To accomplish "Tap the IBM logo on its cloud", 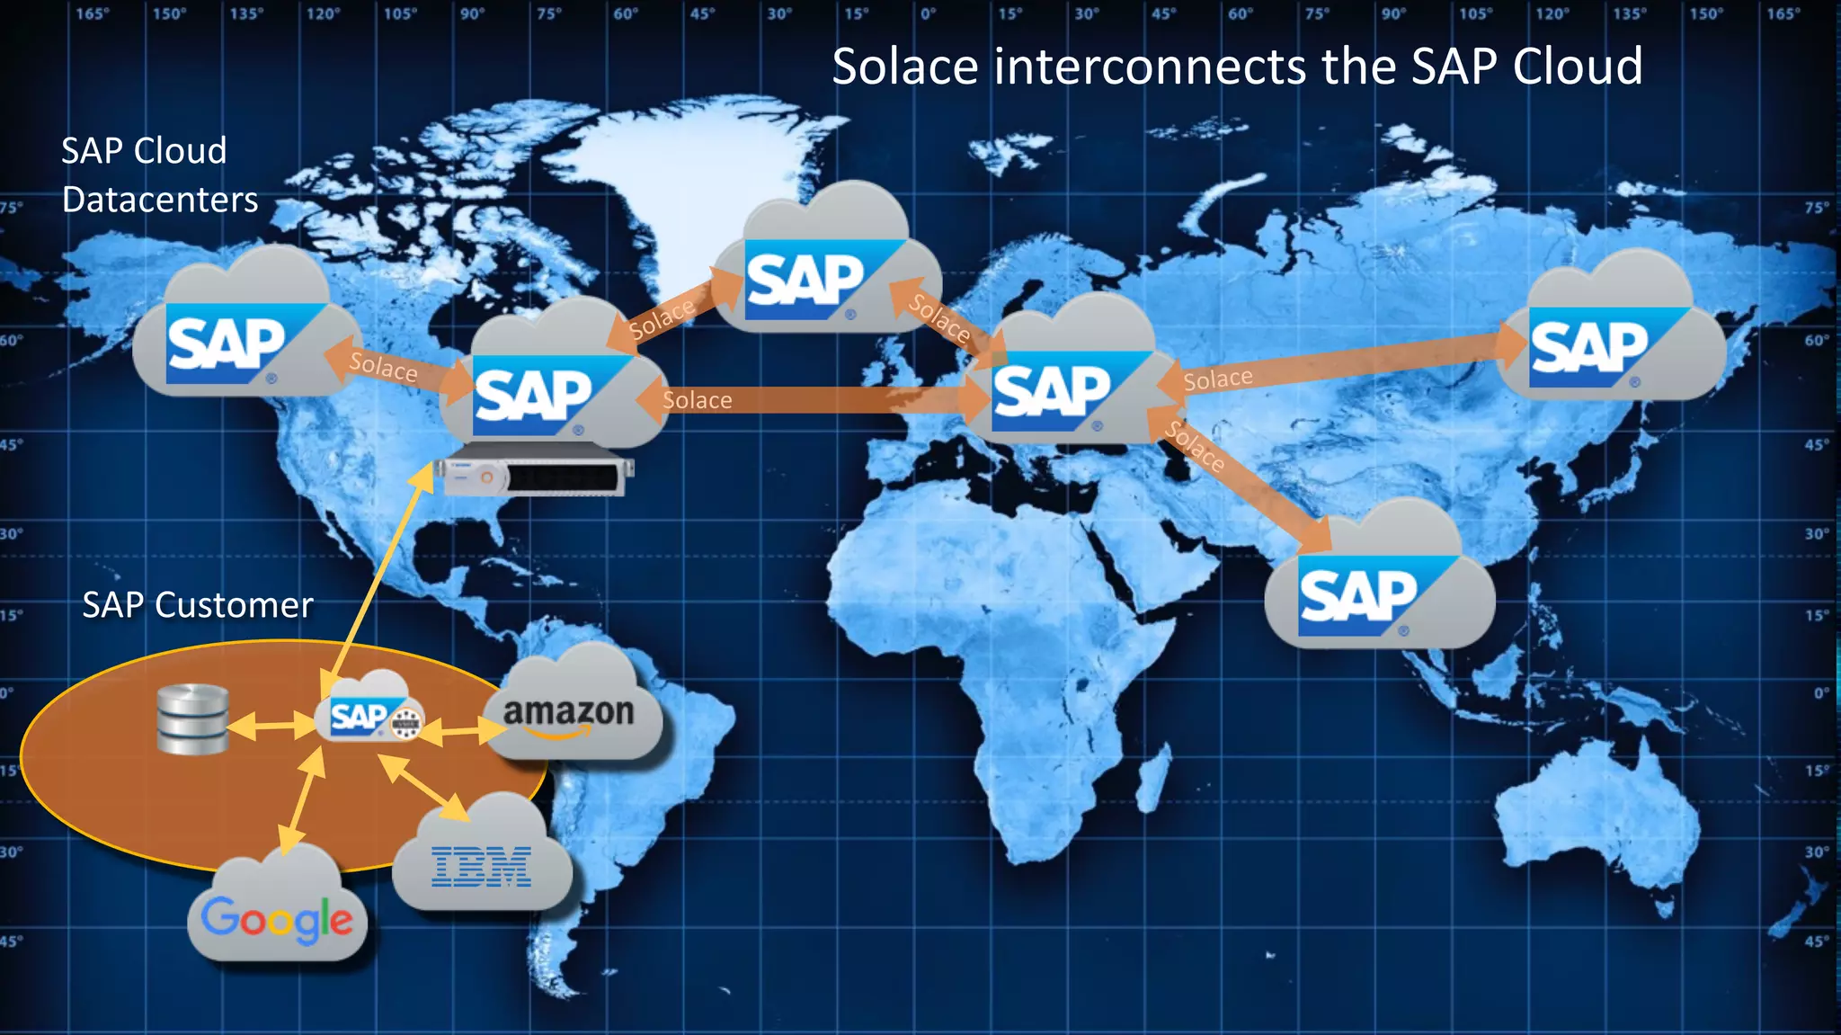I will pyautogui.click(x=482, y=867).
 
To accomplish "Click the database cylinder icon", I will pyautogui.click(x=192, y=718).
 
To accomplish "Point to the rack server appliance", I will pyautogui.click(x=534, y=476).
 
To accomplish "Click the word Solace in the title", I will pyautogui.click(x=904, y=67).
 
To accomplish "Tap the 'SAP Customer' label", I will pyautogui.click(x=198, y=605).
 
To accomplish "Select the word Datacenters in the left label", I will pyautogui.click(x=160, y=200).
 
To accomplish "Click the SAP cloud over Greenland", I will pyautogui.click(x=827, y=265).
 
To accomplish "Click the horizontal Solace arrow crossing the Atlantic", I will pyautogui.click(x=809, y=400).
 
